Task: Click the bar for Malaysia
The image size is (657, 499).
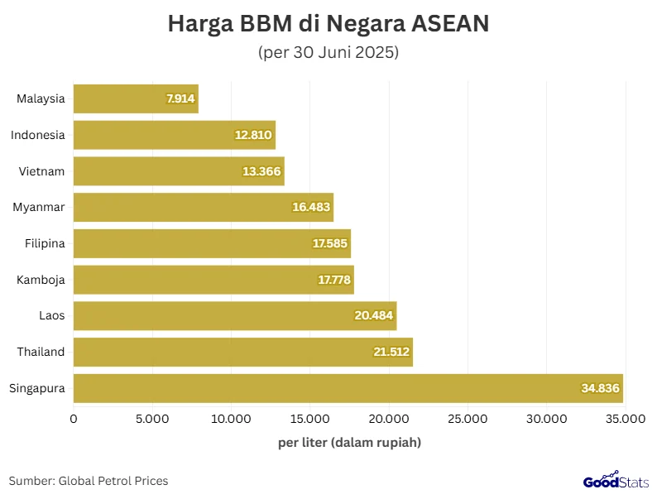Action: point(136,98)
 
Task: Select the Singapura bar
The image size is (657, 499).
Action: point(348,388)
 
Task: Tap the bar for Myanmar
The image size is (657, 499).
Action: point(203,207)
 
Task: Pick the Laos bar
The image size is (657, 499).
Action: point(235,315)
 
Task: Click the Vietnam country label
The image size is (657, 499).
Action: point(41,171)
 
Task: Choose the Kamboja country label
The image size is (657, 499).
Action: point(41,280)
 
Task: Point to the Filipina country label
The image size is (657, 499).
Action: point(42,243)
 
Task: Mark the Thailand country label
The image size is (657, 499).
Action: point(41,352)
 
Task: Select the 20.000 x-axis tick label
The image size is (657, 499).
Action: point(389,420)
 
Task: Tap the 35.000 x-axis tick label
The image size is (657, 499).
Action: point(625,420)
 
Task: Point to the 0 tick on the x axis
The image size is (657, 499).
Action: point(74,420)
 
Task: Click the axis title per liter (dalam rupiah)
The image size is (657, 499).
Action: point(349,443)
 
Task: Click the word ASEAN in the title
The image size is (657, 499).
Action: point(451,24)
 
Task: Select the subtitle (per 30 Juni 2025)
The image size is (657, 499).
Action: point(328,53)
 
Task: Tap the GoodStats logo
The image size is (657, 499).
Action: point(613,481)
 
